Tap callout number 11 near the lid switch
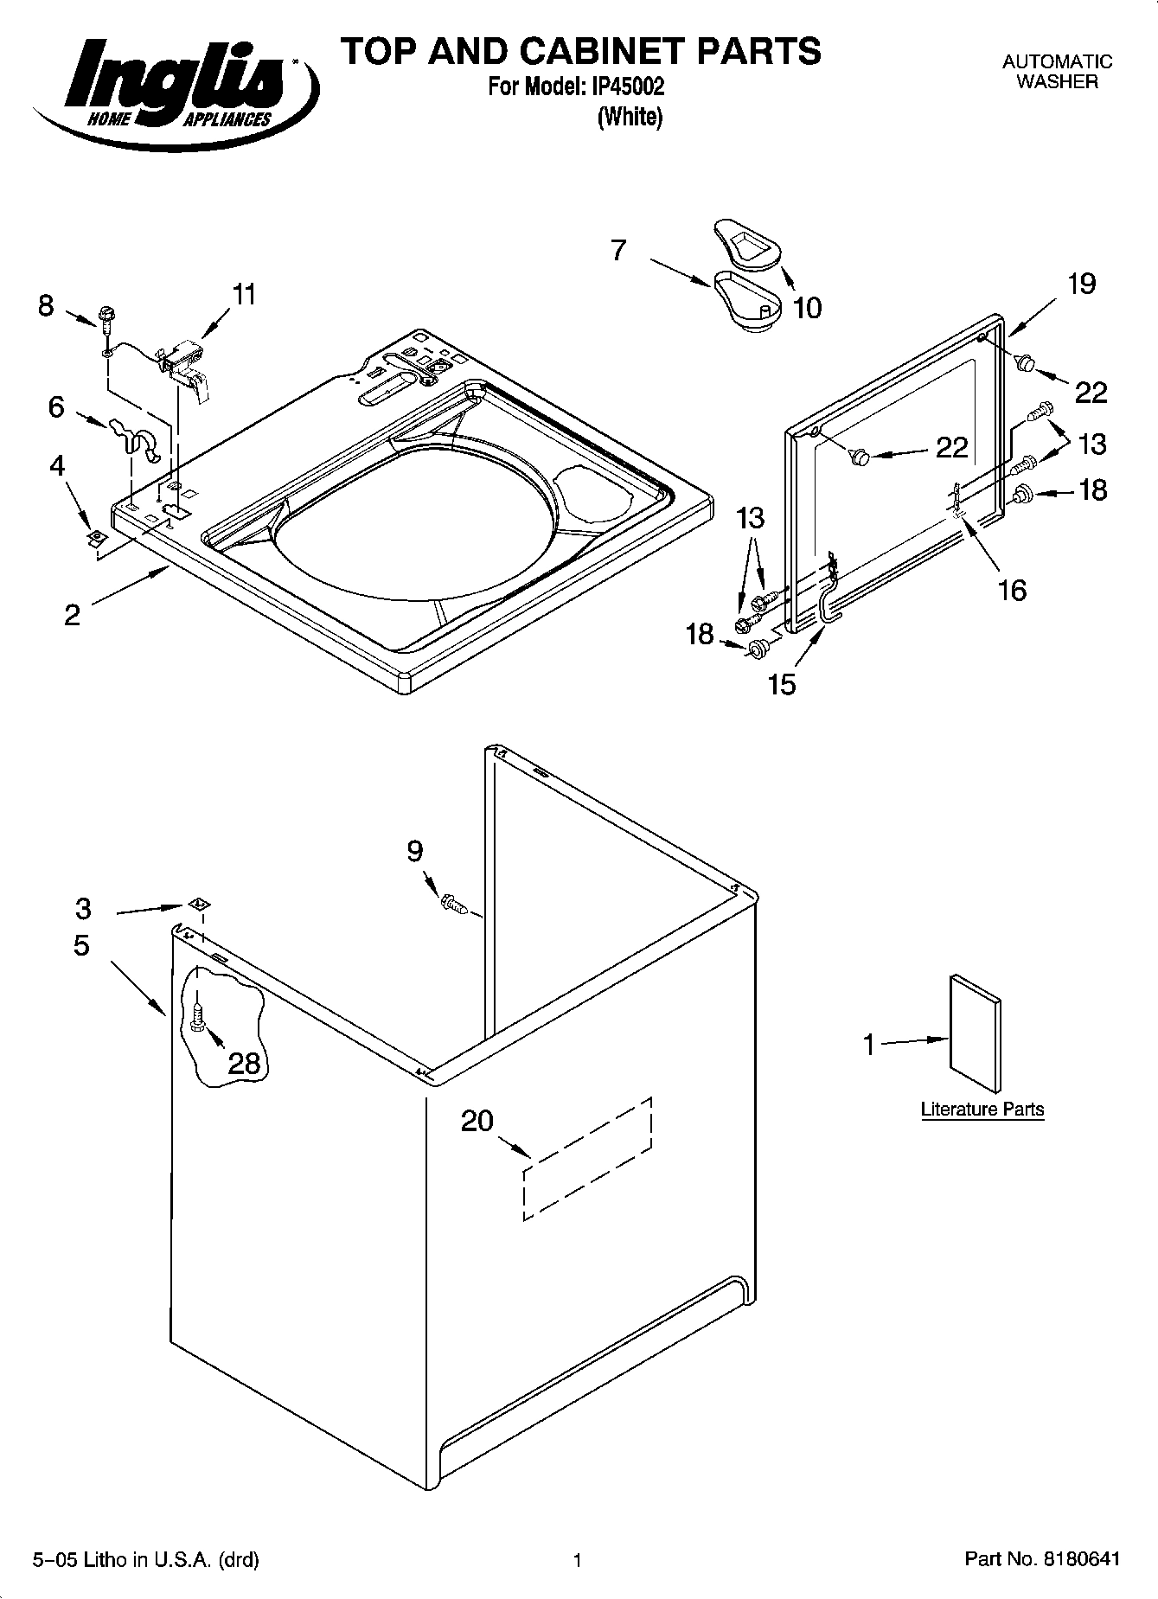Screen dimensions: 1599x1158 coord(245,295)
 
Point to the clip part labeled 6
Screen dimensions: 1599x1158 coord(134,438)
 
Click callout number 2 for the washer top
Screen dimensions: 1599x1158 coord(72,615)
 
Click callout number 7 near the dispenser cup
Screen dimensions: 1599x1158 coord(618,251)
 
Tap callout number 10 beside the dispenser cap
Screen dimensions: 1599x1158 coord(808,307)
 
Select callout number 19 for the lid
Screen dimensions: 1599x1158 coord(1082,284)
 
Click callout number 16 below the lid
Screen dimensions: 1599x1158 coord(1012,590)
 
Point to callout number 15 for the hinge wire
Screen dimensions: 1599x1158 coord(782,684)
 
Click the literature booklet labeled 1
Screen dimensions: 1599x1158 coord(976,1034)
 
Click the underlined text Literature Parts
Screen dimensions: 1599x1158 coord(982,1110)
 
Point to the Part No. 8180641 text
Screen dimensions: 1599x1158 coord(1042,1560)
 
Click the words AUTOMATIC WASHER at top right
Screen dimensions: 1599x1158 coord(1057,72)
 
